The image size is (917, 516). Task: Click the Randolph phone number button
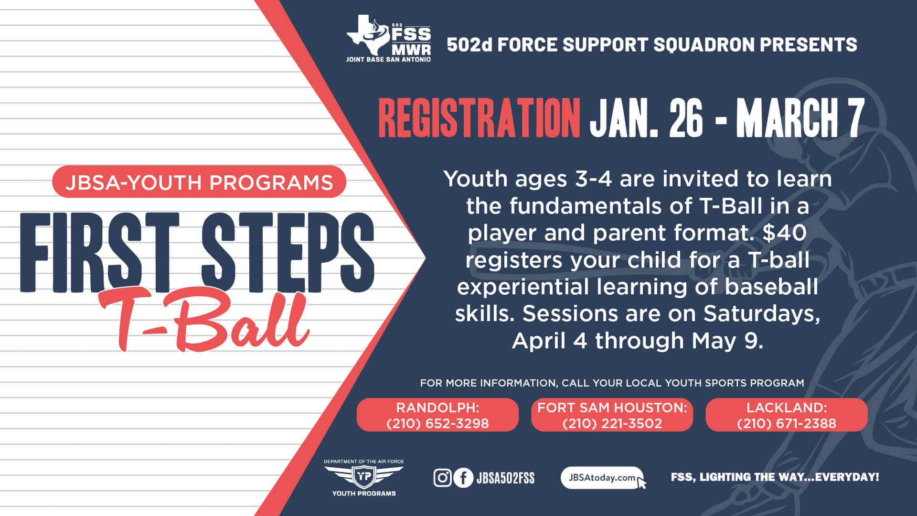coord(437,415)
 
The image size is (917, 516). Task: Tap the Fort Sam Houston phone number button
coord(612,415)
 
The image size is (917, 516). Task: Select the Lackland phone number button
coord(787,415)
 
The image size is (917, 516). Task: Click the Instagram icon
coord(442,478)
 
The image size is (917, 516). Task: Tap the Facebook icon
coord(463,478)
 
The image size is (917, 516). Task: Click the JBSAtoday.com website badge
coord(602,478)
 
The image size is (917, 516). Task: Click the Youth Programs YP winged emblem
coord(364,478)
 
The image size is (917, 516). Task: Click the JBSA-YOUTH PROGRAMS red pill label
coord(199,182)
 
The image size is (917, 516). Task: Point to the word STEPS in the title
coord(288,252)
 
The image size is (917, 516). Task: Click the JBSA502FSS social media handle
coord(505,478)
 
